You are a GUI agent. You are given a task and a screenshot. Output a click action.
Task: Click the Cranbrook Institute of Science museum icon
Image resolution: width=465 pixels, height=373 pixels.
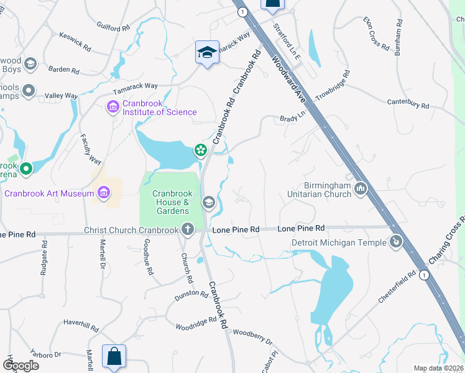pyautogui.click(x=113, y=108)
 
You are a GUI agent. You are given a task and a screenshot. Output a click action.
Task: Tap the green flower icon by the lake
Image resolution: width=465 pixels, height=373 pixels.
pyautogui.click(x=200, y=149)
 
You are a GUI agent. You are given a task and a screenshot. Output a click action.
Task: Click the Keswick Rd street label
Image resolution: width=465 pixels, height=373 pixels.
pyautogui.click(x=75, y=47)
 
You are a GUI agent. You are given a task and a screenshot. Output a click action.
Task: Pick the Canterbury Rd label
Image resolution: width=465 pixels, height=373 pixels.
pyautogui.click(x=408, y=103)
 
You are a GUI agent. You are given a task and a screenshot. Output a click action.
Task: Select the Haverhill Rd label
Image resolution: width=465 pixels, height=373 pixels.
pyautogui.click(x=81, y=326)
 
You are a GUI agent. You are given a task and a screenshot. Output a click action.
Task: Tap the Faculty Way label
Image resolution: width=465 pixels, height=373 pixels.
pyautogui.click(x=91, y=150)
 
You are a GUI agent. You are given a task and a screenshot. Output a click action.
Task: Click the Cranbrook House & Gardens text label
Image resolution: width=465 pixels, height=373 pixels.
pyautogui.click(x=172, y=202)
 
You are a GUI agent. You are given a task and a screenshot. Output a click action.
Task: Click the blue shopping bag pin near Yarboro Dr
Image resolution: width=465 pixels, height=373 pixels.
pyautogui.click(x=114, y=357)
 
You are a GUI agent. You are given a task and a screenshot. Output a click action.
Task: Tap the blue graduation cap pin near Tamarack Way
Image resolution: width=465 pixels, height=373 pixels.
pyautogui.click(x=207, y=52)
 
